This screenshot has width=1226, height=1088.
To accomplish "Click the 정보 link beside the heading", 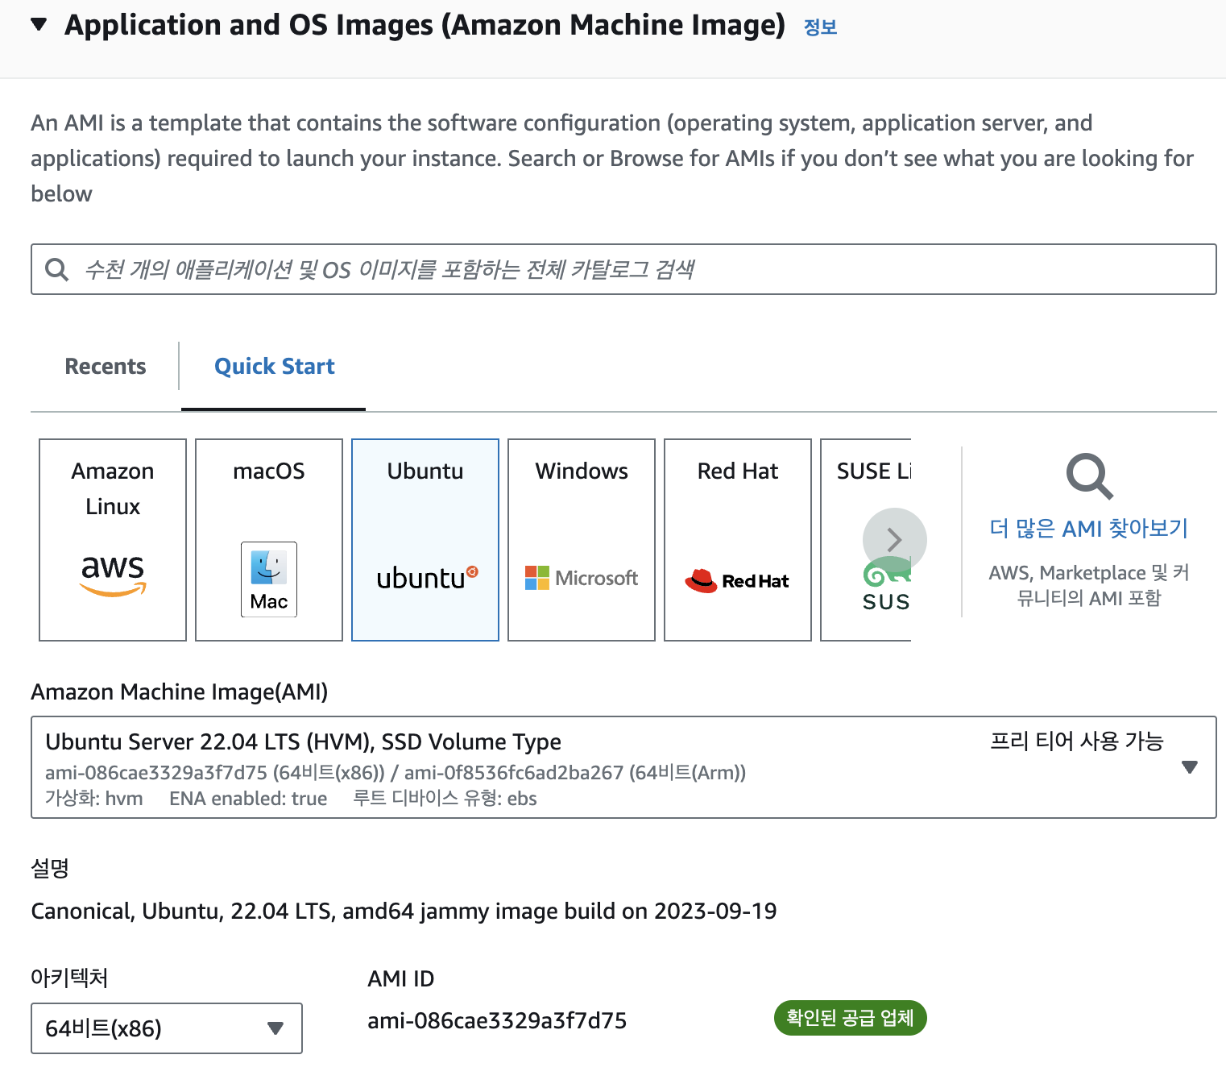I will (820, 27).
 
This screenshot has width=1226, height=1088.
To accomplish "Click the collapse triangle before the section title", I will (39, 24).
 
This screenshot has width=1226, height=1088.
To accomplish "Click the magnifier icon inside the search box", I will (56, 269).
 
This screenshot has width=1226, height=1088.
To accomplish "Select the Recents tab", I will (106, 367).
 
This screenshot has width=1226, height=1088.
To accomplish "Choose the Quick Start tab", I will (274, 367).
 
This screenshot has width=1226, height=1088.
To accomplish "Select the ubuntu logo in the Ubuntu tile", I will (426, 578).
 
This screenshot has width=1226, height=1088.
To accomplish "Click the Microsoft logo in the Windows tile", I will (581, 578).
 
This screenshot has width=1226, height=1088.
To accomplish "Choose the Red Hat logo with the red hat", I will (736, 580).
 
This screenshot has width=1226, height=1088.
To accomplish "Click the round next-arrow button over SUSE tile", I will (894, 540).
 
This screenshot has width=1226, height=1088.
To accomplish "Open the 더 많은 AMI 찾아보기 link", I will (1088, 529).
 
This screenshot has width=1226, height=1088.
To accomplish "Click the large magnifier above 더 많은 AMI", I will (1089, 476).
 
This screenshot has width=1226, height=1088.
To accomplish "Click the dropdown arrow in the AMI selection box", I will (1189, 767).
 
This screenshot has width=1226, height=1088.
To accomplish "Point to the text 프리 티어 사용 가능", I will (1076, 741).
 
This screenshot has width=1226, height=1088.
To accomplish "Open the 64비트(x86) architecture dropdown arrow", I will (275, 1028).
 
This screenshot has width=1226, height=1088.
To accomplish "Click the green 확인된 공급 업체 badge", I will (850, 1018).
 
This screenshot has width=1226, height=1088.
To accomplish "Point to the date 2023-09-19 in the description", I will (715, 912).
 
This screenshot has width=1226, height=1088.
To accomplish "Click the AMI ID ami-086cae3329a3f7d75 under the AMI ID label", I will (497, 1021).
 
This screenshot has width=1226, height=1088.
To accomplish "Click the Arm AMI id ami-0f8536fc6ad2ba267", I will (514, 773).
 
